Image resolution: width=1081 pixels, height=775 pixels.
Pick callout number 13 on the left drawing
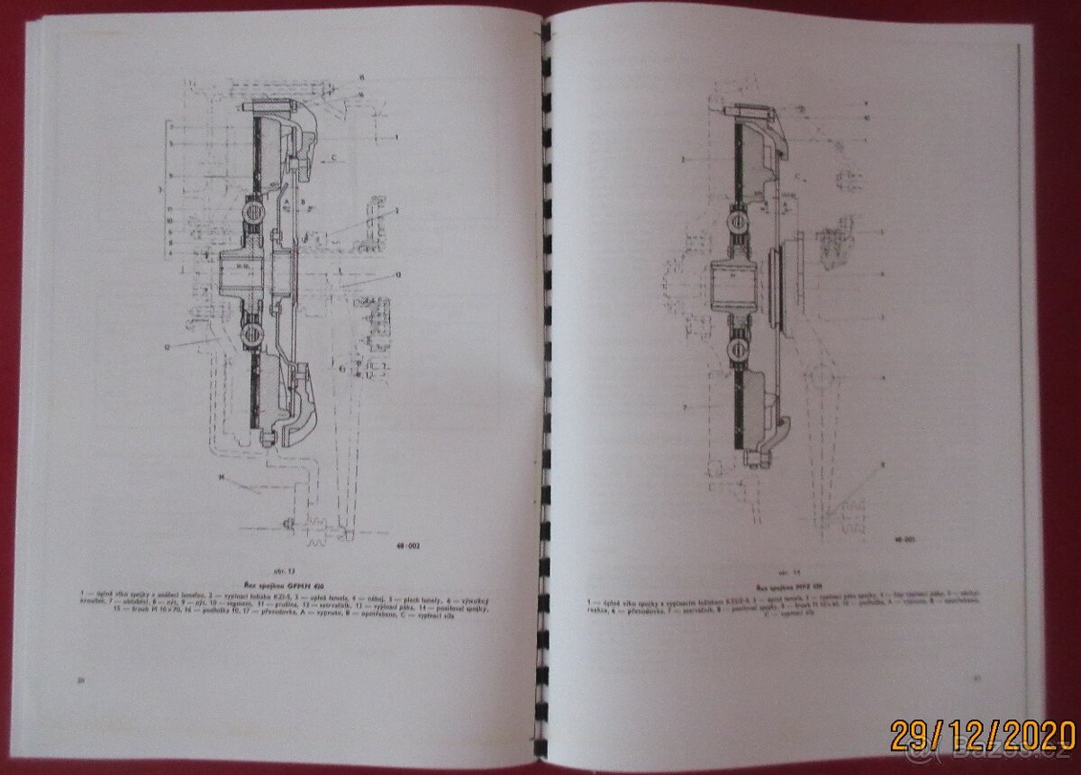click(x=397, y=271)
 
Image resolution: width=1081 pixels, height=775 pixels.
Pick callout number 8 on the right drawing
click(x=883, y=463)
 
